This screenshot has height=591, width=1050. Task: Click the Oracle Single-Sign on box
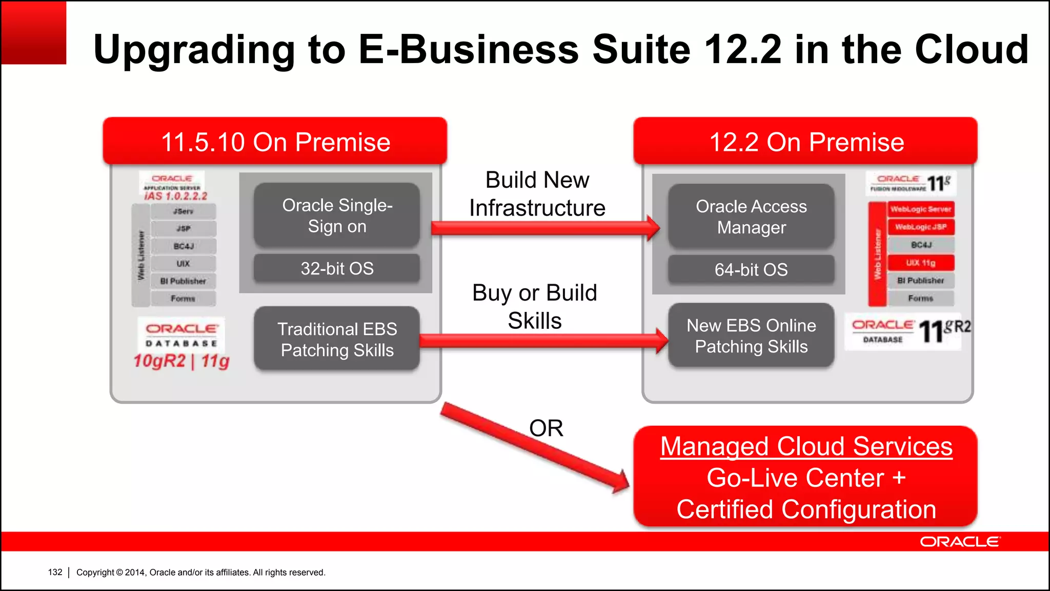click(337, 215)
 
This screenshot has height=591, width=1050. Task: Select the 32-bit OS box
click(337, 268)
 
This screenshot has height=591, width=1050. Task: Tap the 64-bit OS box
click(751, 269)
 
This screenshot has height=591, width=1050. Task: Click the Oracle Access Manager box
click(751, 216)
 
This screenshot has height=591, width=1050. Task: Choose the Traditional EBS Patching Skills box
click(337, 339)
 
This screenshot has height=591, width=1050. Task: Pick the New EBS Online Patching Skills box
click(751, 336)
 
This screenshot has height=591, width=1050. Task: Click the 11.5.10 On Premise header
click(275, 142)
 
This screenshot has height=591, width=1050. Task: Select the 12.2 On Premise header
click(806, 142)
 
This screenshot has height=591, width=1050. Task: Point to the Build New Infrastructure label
click(537, 194)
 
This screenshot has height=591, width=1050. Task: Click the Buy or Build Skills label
click(535, 307)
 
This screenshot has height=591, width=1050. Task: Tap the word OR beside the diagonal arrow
click(546, 428)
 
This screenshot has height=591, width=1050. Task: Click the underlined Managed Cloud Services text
click(806, 446)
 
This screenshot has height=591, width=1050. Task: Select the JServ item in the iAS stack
click(183, 211)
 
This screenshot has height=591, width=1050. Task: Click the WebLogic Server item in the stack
click(921, 209)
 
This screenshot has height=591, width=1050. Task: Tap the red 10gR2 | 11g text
click(181, 361)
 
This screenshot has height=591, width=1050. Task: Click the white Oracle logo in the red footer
click(959, 542)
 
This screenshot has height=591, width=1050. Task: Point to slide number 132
click(55, 572)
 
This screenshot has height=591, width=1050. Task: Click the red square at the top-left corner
click(34, 33)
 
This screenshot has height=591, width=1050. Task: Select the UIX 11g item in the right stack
click(921, 263)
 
